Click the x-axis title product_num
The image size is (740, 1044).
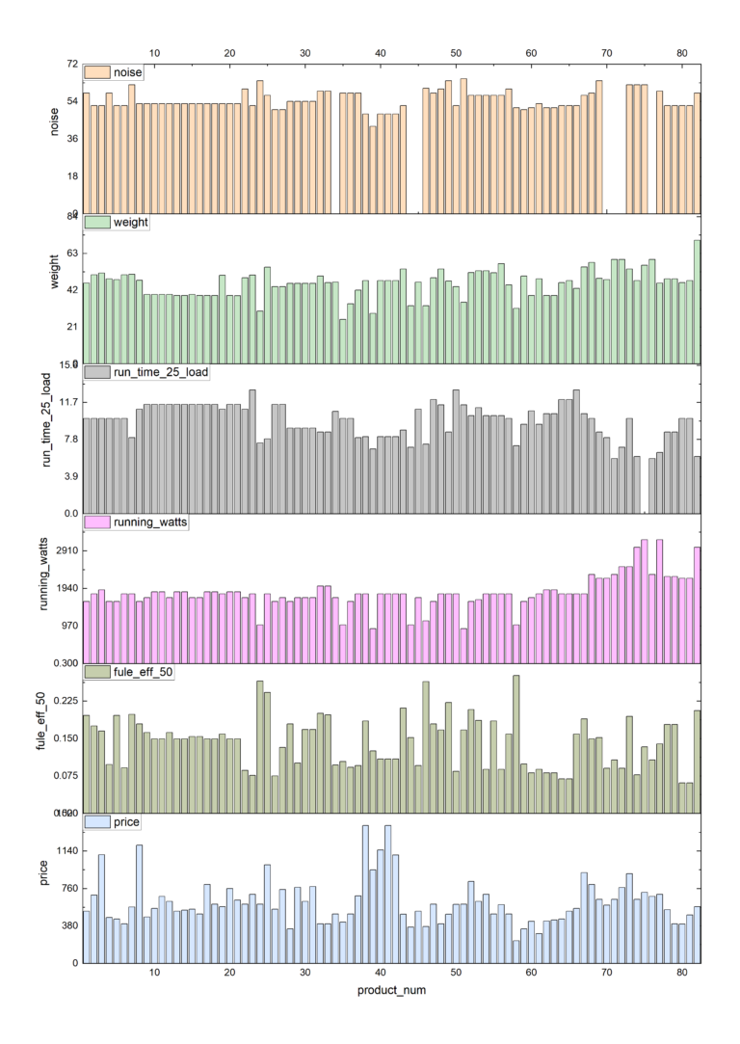[391, 990]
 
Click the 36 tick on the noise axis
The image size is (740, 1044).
[70, 139]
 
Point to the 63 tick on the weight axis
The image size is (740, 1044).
[70, 253]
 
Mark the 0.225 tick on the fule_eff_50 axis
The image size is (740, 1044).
[64, 701]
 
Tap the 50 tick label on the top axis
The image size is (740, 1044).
[456, 53]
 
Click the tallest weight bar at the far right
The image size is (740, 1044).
[697, 300]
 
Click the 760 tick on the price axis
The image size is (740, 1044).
[67, 888]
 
